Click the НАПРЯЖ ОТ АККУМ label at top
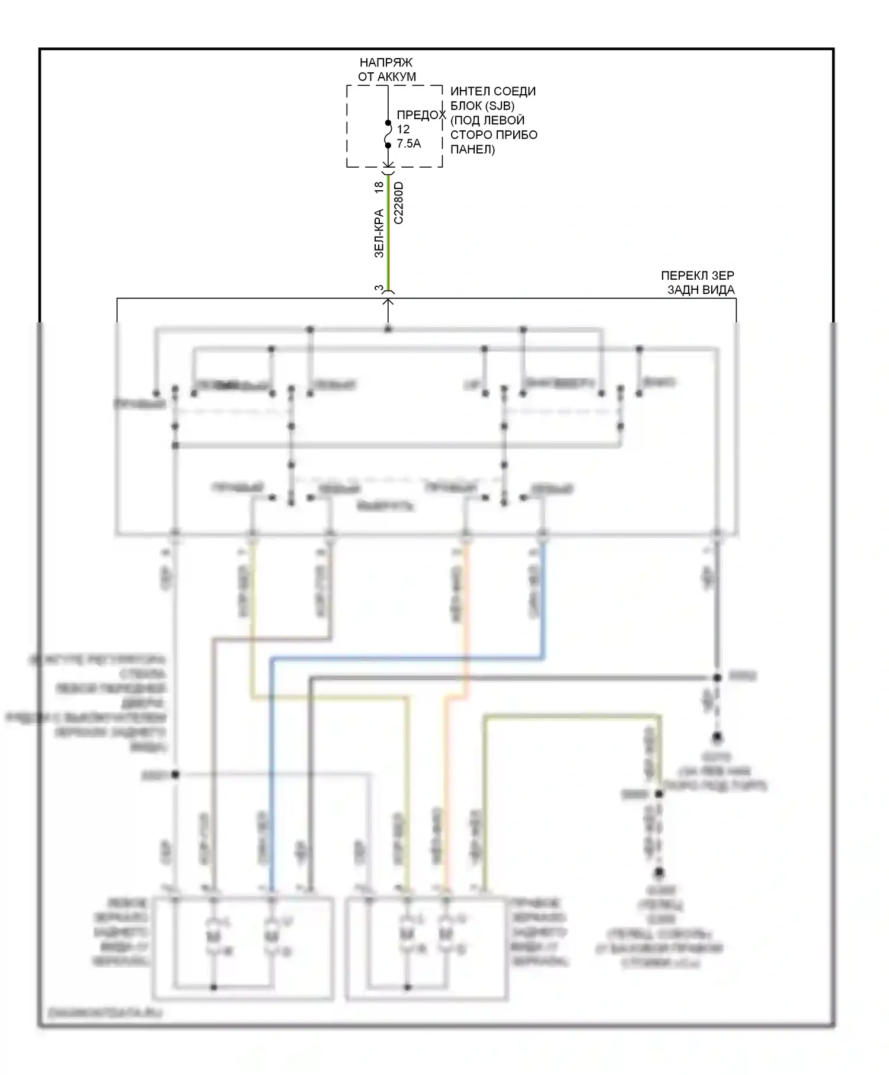(386, 69)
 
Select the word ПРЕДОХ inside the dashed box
(420, 115)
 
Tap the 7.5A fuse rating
(408, 143)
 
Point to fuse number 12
(403, 129)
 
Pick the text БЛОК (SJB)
(482, 105)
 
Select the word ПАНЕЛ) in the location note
(472, 149)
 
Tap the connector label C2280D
(399, 203)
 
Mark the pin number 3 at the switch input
(379, 288)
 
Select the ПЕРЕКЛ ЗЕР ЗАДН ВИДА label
(698, 283)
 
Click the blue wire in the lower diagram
(272, 770)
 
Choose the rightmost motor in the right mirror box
(445, 935)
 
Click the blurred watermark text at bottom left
(105, 1013)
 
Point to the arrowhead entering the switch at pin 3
(388, 302)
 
